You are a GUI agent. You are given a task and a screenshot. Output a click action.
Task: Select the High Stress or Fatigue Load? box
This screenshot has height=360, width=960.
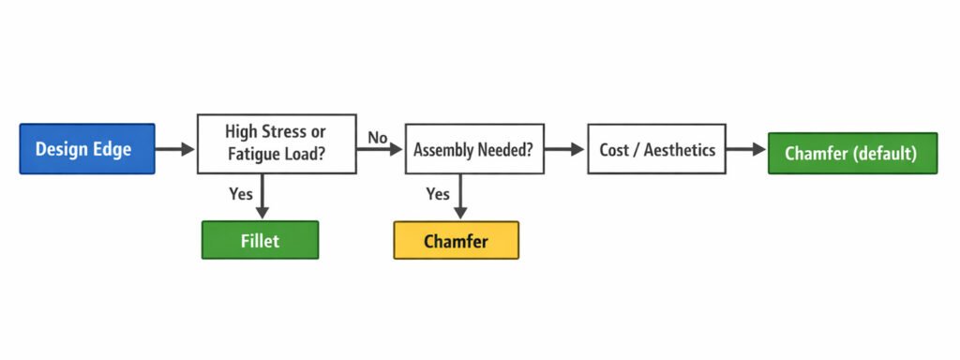pyautogui.click(x=277, y=143)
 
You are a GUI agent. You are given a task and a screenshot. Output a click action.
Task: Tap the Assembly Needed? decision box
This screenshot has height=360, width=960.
pyautogui.click(x=474, y=148)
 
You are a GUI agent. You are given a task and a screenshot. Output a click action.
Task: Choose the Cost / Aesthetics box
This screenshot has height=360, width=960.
pyautogui.click(x=655, y=148)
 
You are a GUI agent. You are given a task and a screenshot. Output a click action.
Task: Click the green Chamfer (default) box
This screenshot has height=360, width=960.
pyautogui.click(x=852, y=153)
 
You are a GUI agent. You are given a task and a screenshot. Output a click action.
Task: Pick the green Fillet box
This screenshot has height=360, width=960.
pyautogui.click(x=261, y=240)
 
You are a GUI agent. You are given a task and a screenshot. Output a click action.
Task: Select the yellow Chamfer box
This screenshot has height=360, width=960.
pyautogui.click(x=456, y=241)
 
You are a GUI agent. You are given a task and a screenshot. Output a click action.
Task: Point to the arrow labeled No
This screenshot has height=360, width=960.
pyautogui.click(x=381, y=148)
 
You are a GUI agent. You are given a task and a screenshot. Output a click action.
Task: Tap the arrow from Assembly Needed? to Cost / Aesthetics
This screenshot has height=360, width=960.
pyautogui.click(x=564, y=148)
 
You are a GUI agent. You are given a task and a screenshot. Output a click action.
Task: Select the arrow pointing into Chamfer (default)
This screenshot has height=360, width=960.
pyautogui.click(x=746, y=148)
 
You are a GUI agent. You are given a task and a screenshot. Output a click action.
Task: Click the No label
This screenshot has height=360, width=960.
pyautogui.click(x=378, y=137)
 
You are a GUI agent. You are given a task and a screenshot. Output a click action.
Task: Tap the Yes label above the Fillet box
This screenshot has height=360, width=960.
pyautogui.click(x=241, y=194)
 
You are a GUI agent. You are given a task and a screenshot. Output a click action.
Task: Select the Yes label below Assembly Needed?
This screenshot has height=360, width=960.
pyautogui.click(x=437, y=194)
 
